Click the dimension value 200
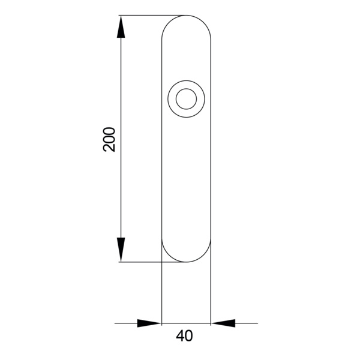tap(109, 139)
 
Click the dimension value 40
tap(184, 336)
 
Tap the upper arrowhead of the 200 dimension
tap(121, 26)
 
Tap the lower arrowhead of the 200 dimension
tap(121, 250)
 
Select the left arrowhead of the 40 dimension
tap(149, 323)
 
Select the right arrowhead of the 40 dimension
tap(223, 323)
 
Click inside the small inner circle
tap(186, 99)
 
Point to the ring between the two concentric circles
tap(172, 99)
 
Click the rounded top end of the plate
tap(186, 16)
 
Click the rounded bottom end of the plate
tap(186, 262)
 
